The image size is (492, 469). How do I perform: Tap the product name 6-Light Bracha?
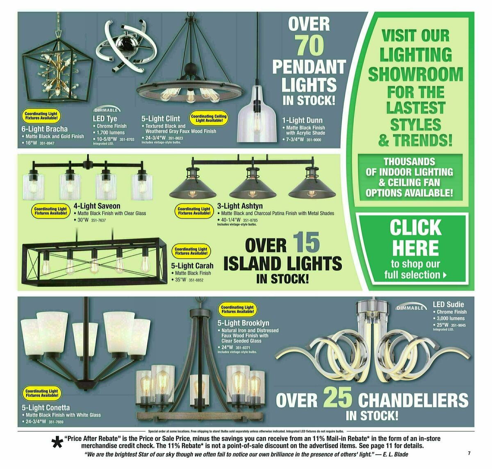pyautogui.click(x=45, y=129)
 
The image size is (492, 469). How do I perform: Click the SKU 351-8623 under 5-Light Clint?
pyautogui.click(x=174, y=138)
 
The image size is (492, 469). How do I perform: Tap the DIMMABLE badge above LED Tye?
pyautogui.click(x=107, y=110)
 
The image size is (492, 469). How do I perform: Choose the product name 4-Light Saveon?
pyautogui.click(x=97, y=206)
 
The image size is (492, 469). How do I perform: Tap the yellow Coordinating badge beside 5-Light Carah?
pyautogui.click(x=191, y=251)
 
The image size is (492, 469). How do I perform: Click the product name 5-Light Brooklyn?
pyautogui.click(x=243, y=323)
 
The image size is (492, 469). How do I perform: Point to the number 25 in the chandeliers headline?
pyautogui.click(x=337, y=397)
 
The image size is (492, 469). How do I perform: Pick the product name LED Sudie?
pyautogui.click(x=449, y=304)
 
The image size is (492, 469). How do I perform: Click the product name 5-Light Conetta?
pyautogui.click(x=46, y=407)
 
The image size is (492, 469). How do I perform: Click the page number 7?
pyautogui.click(x=469, y=453)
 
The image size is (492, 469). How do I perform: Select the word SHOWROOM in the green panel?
pyautogui.click(x=415, y=75)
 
